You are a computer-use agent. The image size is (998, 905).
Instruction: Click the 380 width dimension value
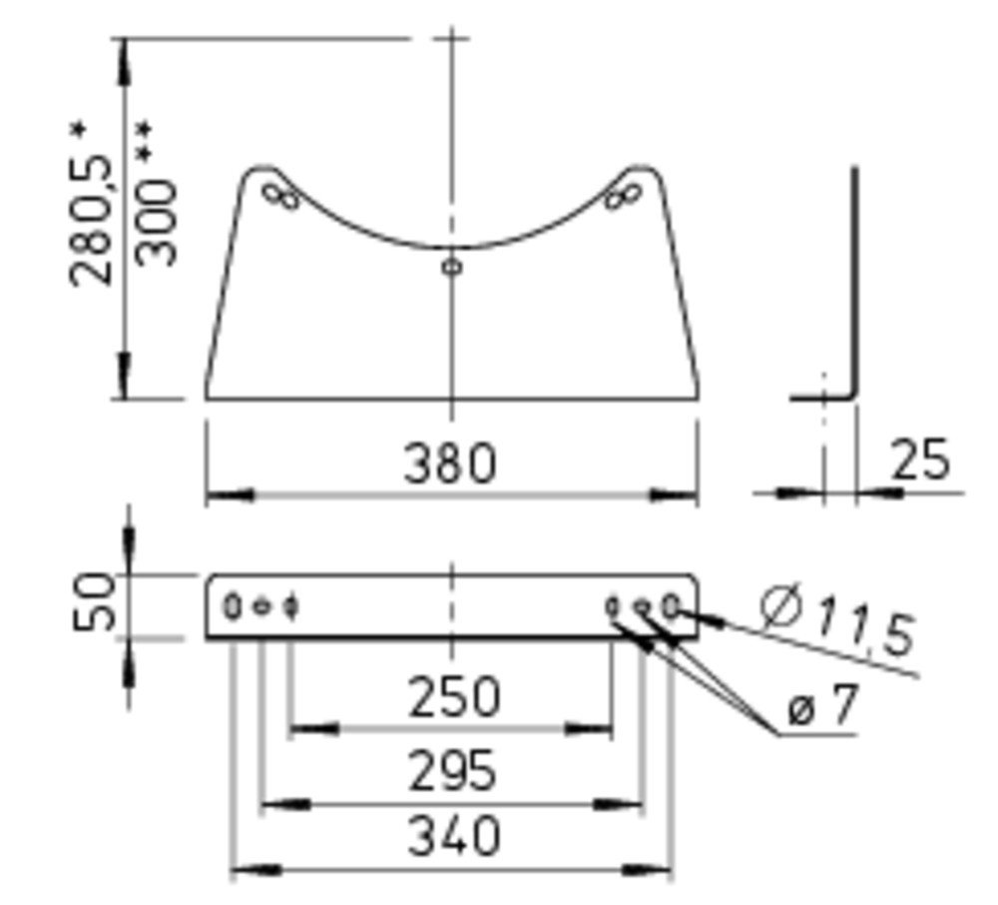pyautogui.click(x=450, y=463)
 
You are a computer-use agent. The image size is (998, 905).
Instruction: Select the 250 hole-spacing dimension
pyautogui.click(x=454, y=697)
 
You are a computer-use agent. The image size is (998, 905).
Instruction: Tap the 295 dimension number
pyautogui.click(x=451, y=770)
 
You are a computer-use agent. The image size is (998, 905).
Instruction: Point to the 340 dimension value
pyautogui.click(x=454, y=835)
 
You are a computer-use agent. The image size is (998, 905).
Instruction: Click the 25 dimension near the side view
pyautogui.click(x=920, y=459)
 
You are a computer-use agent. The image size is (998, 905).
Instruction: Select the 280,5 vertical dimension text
pyautogui.click(x=91, y=221)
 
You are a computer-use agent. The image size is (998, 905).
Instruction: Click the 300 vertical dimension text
pyautogui.click(x=156, y=223)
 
